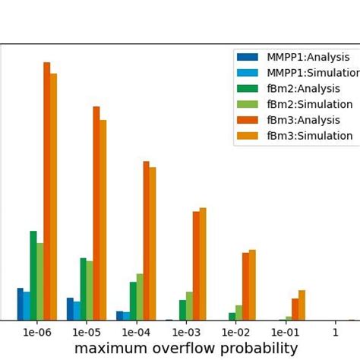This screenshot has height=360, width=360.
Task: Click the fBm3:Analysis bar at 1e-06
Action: [x=47, y=190]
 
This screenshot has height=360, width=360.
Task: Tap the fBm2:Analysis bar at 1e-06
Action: [x=33, y=275]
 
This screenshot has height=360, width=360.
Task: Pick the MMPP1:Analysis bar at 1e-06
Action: [x=21, y=304]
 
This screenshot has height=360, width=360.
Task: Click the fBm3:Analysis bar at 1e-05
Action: [x=96, y=213]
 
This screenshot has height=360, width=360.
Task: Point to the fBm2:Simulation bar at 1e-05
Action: [x=90, y=290]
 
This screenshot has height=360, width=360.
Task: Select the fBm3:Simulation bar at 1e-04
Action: [x=153, y=243]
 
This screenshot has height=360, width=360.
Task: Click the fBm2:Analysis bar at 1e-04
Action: [x=133, y=301]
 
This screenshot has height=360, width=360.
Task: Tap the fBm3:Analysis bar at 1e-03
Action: [x=196, y=265]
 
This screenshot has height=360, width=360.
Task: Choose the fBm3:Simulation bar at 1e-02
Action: [x=252, y=285]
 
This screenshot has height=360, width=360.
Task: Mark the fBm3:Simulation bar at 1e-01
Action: [x=302, y=305]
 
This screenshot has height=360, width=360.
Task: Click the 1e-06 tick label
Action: [x=37, y=332]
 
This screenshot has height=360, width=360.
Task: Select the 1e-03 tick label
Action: [x=186, y=332]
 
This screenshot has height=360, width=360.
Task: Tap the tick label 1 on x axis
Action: [x=335, y=332]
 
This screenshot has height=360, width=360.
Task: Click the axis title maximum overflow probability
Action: [x=186, y=349]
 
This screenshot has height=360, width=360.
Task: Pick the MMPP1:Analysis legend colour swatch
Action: [x=248, y=57]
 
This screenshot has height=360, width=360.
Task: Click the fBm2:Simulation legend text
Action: [x=309, y=104]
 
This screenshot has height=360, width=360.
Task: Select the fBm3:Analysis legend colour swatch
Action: [x=248, y=120]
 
